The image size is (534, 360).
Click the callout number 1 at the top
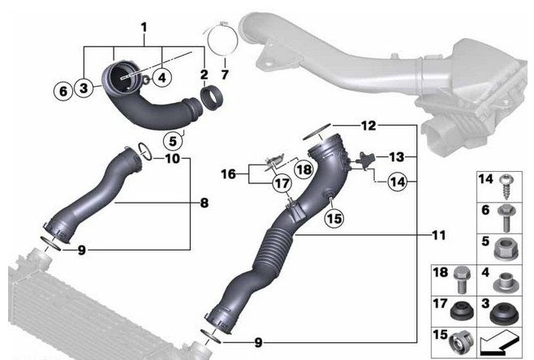pos(144,27)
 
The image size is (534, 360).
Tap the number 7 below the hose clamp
pos(225,75)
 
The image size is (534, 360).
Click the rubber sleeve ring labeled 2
pos(211,98)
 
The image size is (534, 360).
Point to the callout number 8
pos(205,204)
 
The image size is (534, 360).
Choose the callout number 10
pos(173,159)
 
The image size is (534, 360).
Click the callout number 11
pos(438,235)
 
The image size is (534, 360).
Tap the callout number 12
pos(368,126)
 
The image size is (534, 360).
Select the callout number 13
pos(397,157)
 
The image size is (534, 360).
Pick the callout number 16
pos(228,174)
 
